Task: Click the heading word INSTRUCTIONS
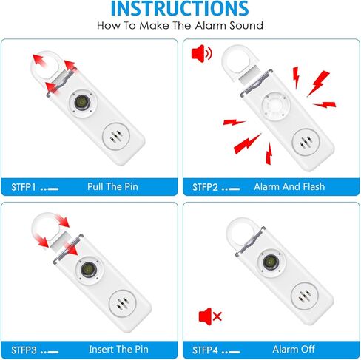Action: click(x=180, y=9)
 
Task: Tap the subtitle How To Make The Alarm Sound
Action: click(x=180, y=26)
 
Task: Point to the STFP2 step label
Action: click(x=206, y=186)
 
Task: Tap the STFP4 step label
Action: click(x=206, y=348)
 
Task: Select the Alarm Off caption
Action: click(x=290, y=348)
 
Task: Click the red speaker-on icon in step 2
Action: click(x=200, y=54)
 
